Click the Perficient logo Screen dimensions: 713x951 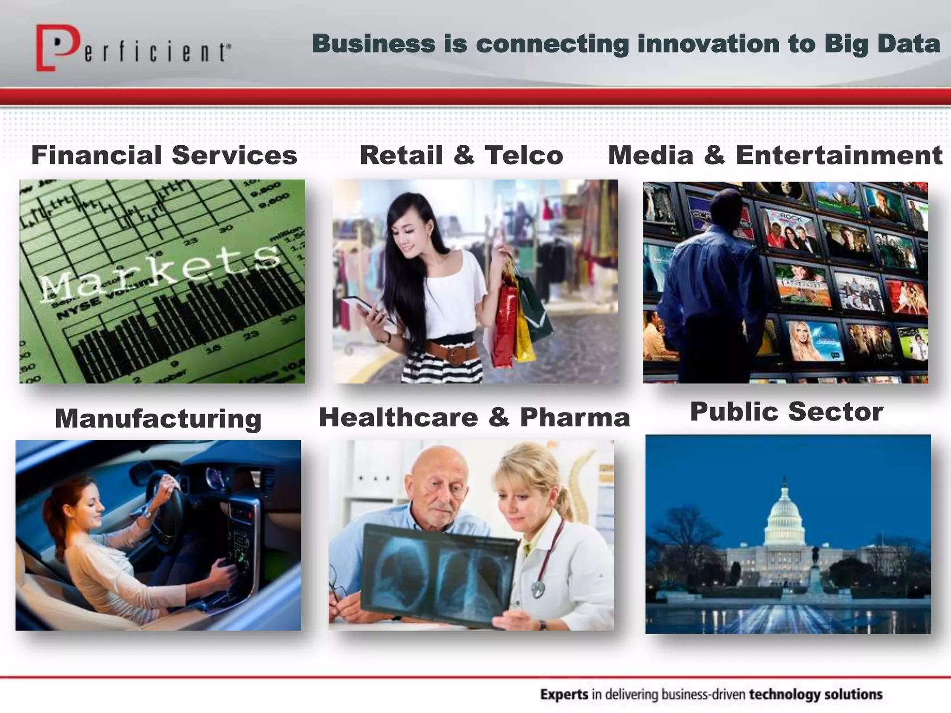click(x=132, y=48)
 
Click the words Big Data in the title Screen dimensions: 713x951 click(x=882, y=44)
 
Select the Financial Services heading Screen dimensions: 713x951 click(x=164, y=155)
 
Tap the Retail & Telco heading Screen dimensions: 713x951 click(x=461, y=155)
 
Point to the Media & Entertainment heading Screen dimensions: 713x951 click(x=775, y=155)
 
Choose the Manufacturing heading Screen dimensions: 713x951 click(x=158, y=418)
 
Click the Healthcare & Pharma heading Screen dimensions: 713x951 click(x=474, y=417)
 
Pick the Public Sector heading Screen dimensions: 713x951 click(x=786, y=411)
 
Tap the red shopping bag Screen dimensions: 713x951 click(x=504, y=325)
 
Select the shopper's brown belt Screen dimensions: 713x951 click(x=453, y=352)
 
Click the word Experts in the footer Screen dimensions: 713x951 click(x=564, y=694)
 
